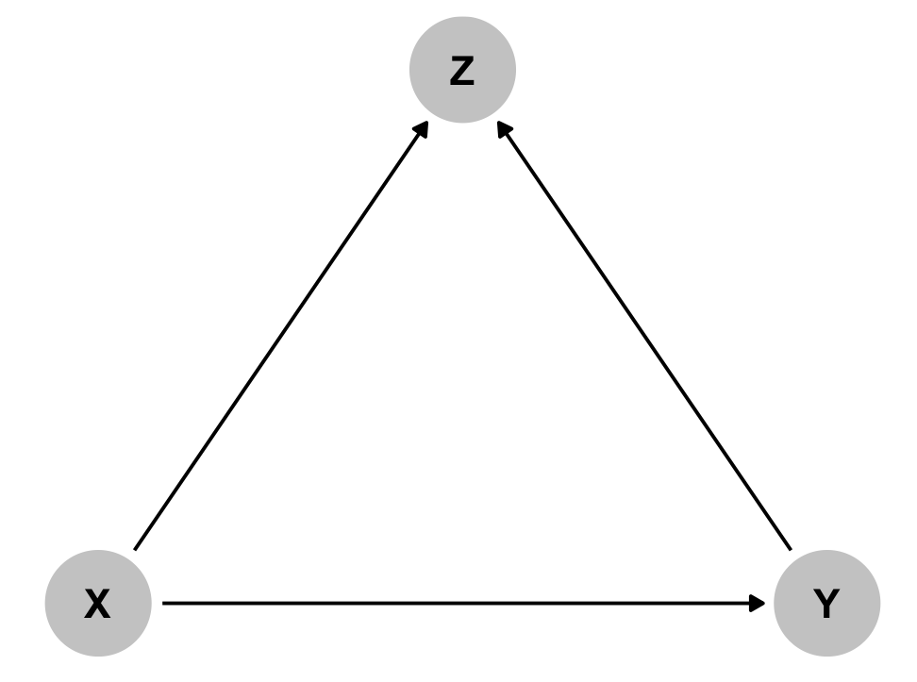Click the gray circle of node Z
pyautogui.click(x=462, y=70)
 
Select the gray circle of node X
pyautogui.click(x=98, y=603)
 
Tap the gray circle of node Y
pyautogui.click(x=827, y=603)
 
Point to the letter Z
pyautogui.click(x=462, y=71)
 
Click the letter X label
pyautogui.click(x=97, y=603)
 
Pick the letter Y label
pyautogui.click(x=826, y=603)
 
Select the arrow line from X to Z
pyautogui.click(x=281, y=335)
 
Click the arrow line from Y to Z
pyautogui.click(x=644, y=335)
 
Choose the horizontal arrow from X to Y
pyautogui.click(x=464, y=603)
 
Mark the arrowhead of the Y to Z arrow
pyautogui.click(x=504, y=129)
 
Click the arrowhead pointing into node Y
pyautogui.click(x=757, y=603)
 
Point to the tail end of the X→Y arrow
pyautogui.click(x=162, y=603)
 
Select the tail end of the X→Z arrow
pyautogui.click(x=135, y=550)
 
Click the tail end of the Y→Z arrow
pyautogui.click(x=791, y=550)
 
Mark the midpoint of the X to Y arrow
pyautogui.click(x=464, y=603)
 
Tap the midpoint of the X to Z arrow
pyautogui.click(x=281, y=335)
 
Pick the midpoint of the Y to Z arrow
pyautogui.click(x=644, y=335)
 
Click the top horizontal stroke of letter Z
pyautogui.click(x=462, y=58)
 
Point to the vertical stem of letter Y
pyautogui.click(x=826, y=610)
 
